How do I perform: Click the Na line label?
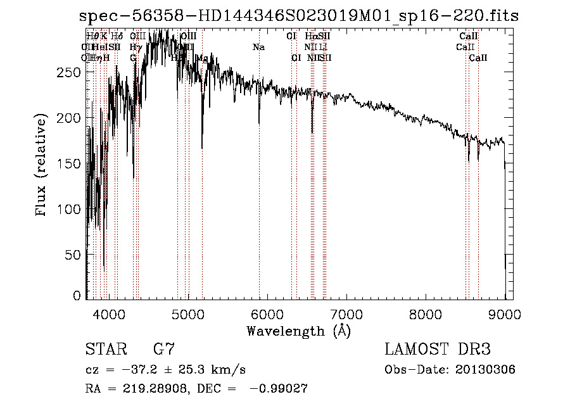click(x=258, y=47)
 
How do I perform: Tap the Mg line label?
click(x=202, y=58)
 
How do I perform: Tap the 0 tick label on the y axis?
click(x=77, y=295)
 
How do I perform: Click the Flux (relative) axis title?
click(x=42, y=165)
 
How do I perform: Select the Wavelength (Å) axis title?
click(x=298, y=331)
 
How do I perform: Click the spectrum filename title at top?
click(x=303, y=16)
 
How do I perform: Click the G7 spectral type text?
click(x=163, y=350)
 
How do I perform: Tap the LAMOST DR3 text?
click(x=437, y=350)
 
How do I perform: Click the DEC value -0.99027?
click(x=279, y=389)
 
